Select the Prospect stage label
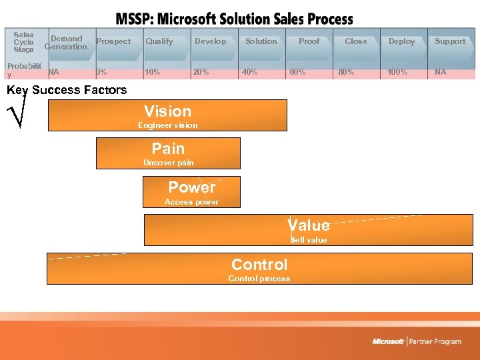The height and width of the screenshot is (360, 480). click(113, 41)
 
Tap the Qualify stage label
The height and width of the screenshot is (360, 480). click(159, 41)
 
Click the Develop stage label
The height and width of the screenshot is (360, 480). click(210, 41)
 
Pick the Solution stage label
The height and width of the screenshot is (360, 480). click(261, 41)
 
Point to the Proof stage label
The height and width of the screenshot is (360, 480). click(309, 41)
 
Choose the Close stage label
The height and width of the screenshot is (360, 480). click(355, 41)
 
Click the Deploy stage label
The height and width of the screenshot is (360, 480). click(401, 41)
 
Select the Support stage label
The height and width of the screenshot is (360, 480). click(450, 41)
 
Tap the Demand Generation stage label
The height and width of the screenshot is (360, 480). click(66, 43)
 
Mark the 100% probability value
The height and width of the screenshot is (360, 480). click(397, 72)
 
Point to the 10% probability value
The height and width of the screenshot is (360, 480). click(153, 72)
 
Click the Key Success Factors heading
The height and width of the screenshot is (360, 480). click(67, 90)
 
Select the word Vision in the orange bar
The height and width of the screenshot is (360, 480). click(167, 111)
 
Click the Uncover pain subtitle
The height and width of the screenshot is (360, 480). click(168, 163)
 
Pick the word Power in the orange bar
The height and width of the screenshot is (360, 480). click(191, 187)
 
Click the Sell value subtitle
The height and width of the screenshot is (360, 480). click(308, 240)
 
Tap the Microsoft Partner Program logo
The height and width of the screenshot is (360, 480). click(417, 341)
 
